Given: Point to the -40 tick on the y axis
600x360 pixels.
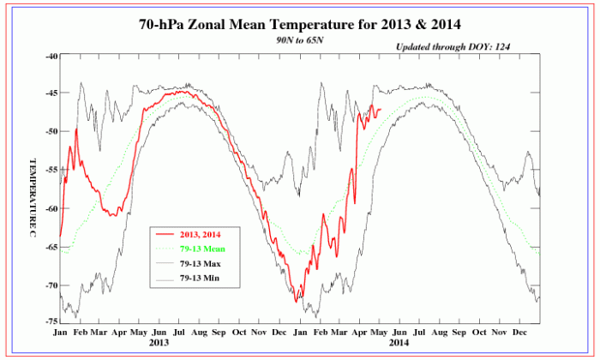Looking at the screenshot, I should click(x=50, y=56).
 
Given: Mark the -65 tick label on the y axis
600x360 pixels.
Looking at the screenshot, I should click(x=50, y=247).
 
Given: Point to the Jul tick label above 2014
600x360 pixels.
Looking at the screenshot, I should click(x=420, y=331).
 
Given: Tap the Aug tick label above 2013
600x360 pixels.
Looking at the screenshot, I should click(x=199, y=331).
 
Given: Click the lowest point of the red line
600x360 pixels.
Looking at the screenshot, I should click(x=297, y=302).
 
